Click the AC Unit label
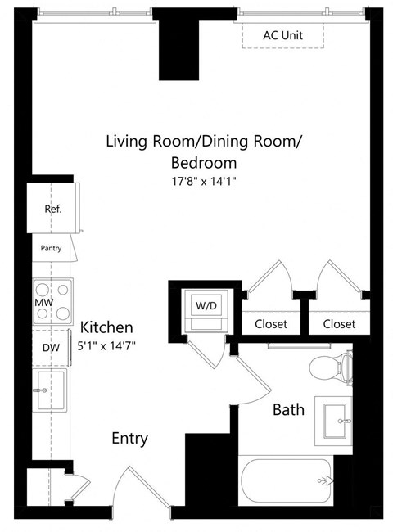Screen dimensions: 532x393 click(x=282, y=35)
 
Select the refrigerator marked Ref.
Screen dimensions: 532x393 click(x=52, y=208)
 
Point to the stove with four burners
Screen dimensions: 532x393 click(x=52, y=292)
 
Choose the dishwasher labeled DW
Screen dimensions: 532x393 click(x=51, y=347)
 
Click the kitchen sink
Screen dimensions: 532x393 click(x=51, y=390)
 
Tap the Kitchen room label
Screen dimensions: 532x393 click(x=106, y=327)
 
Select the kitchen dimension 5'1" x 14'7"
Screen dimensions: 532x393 click(x=106, y=346)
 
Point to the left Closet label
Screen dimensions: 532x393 click(x=270, y=324)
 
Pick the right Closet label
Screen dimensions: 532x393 click(x=339, y=324)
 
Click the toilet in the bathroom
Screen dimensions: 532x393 click(x=336, y=367)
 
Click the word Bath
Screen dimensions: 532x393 click(x=288, y=409)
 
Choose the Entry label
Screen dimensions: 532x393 click(x=129, y=439)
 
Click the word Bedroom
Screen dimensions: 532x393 click(x=204, y=162)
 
